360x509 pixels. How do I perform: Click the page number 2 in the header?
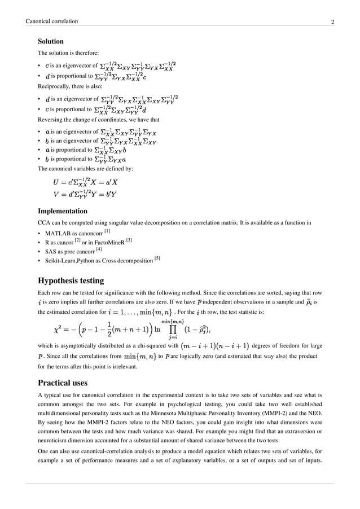click(x=333, y=22)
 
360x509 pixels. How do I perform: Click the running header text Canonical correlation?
click(x=52, y=21)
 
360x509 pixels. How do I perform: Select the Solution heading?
click(x=50, y=42)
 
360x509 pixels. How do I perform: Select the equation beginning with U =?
click(x=85, y=182)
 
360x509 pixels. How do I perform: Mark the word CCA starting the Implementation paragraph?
click(x=45, y=223)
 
